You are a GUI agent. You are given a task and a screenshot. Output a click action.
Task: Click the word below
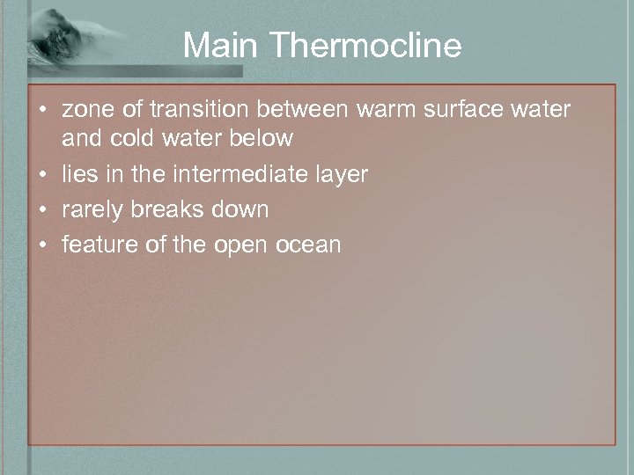pyautogui.click(x=262, y=138)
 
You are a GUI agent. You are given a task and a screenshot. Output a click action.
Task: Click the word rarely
pyautogui.click(x=92, y=209)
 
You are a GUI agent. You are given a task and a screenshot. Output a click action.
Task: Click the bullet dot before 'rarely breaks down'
pyautogui.click(x=42, y=210)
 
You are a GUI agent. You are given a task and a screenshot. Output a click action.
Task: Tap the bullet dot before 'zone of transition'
pyautogui.click(x=42, y=111)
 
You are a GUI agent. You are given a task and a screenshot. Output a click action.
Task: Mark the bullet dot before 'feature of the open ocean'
pyautogui.click(x=42, y=245)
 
